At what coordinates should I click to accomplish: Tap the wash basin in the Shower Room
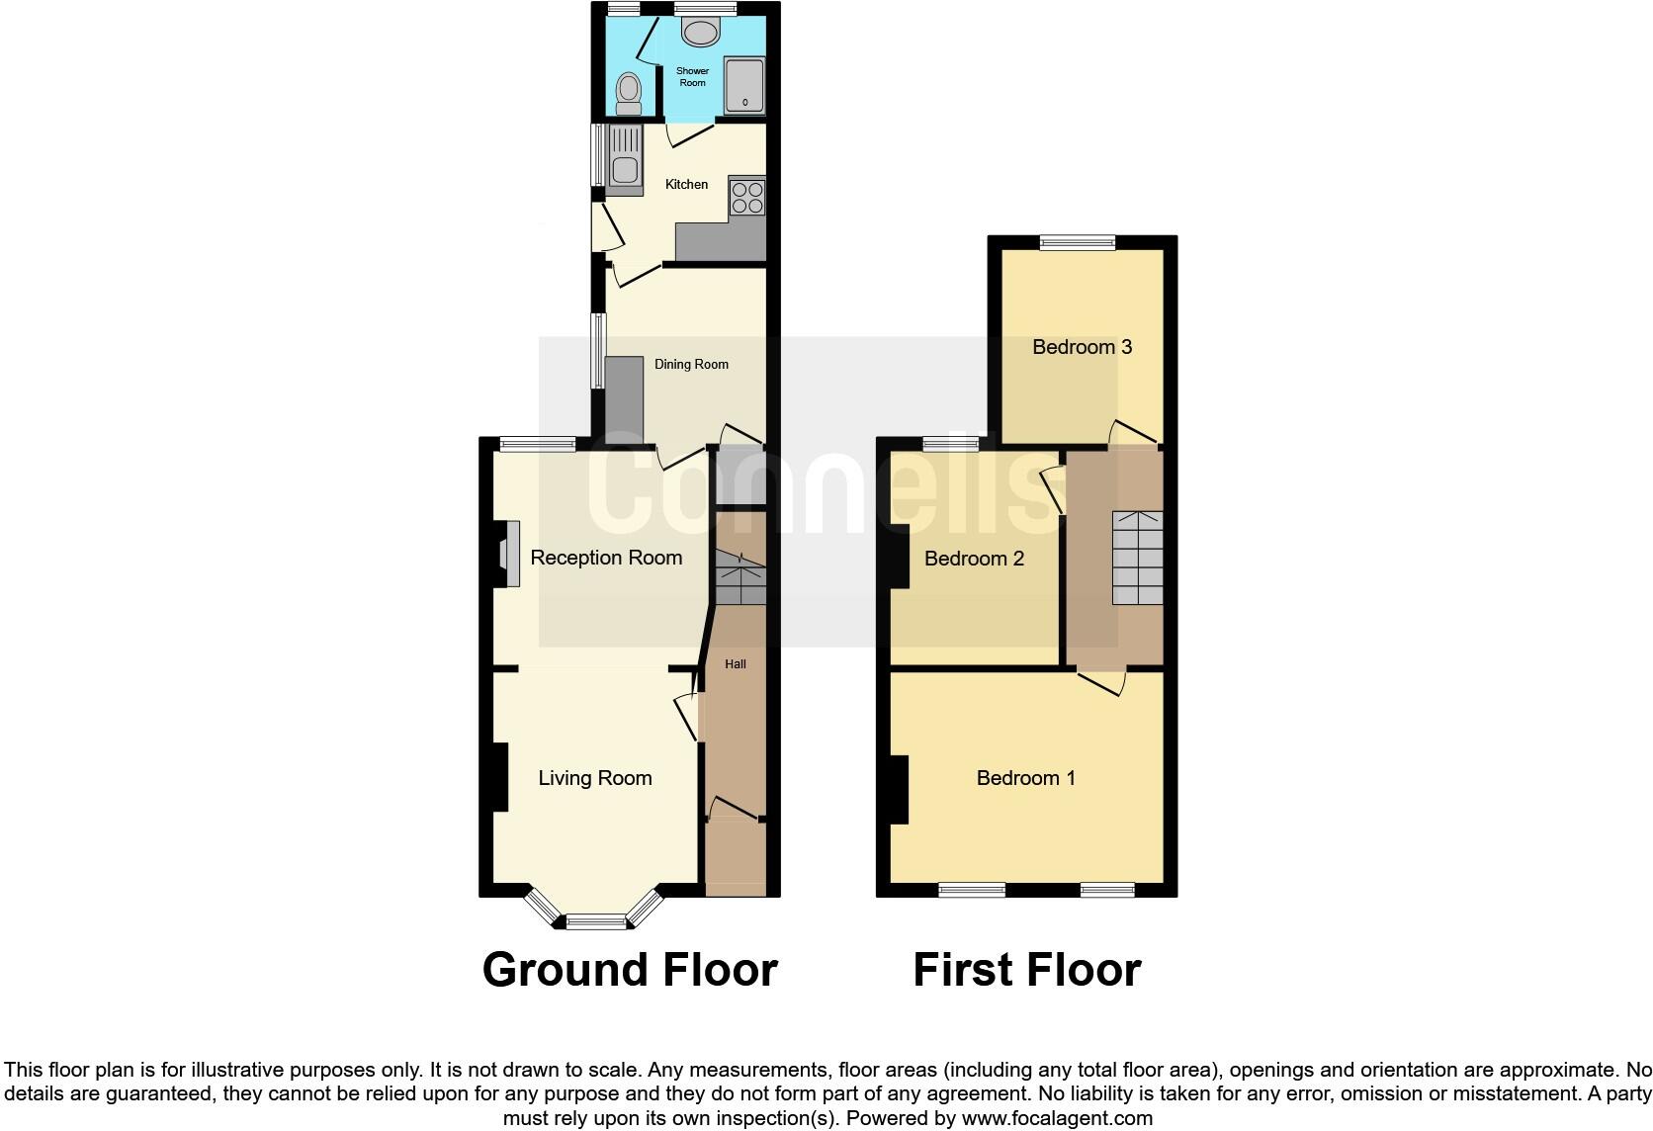pyautogui.click(x=701, y=34)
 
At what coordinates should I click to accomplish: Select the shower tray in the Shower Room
pyautogui.click(x=744, y=85)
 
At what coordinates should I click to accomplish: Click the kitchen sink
pyautogui.click(x=625, y=160)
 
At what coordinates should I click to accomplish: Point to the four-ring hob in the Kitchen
pyautogui.click(x=746, y=196)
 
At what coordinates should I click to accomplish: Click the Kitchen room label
pyautogui.click(x=686, y=185)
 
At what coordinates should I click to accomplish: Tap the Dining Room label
pyautogui.click(x=691, y=364)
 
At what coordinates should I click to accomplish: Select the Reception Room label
pyautogui.click(x=606, y=558)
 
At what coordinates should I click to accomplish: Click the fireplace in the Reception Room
pyautogui.click(x=509, y=556)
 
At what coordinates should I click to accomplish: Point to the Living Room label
pyautogui.click(x=595, y=778)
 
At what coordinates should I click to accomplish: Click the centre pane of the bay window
pyautogui.click(x=596, y=922)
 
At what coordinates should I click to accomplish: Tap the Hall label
pyautogui.click(x=736, y=664)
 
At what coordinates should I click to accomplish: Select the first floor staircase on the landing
pyautogui.click(x=1137, y=558)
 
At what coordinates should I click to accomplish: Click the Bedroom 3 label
pyautogui.click(x=1082, y=347)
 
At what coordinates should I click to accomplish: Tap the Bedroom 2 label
pyautogui.click(x=974, y=559)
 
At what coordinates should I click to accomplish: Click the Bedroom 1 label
pyautogui.click(x=1025, y=778)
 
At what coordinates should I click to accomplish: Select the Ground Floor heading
pyautogui.click(x=630, y=970)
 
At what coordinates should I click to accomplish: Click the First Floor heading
pyautogui.click(x=1026, y=970)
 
